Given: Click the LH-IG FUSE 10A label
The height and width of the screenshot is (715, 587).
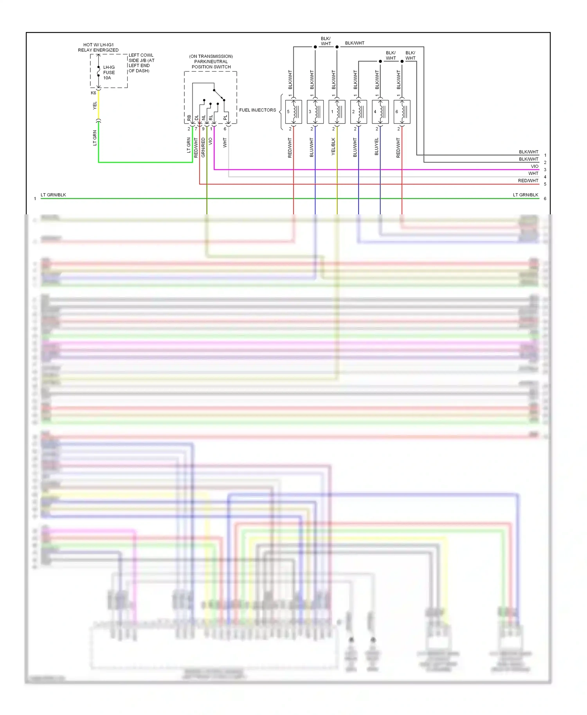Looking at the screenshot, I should pos(108,72).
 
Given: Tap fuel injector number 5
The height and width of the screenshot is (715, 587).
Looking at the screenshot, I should pos(293,112).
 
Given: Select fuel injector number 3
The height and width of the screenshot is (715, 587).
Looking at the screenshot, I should pos(315,112).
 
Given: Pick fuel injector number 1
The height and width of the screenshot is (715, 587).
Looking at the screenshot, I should pos(337,112).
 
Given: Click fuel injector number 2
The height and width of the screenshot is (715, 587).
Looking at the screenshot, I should pos(358,112).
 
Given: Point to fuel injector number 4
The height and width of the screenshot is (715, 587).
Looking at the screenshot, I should pos(380,112).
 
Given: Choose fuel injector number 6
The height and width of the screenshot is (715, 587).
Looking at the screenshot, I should pos(402,112).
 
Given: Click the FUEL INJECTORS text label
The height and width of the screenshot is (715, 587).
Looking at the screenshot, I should pos(257,110).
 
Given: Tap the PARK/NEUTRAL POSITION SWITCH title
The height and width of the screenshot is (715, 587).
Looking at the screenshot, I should pos(211,61).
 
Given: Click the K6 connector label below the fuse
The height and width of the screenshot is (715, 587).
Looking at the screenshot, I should pos(94,93).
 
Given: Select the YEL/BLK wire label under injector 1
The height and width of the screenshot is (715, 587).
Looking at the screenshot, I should pos(333,146).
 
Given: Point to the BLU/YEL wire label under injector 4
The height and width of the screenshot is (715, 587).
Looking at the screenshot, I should pos(377,146).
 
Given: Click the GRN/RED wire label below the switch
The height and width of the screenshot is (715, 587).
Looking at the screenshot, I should pos(203,147).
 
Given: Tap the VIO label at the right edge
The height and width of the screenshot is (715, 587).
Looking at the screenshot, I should pos(535,166).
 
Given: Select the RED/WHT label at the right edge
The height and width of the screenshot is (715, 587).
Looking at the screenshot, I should pos(528,181).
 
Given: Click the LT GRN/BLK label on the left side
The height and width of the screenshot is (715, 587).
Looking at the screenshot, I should pos(53,195).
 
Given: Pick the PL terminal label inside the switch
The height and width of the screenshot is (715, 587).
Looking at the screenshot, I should pos(225,117).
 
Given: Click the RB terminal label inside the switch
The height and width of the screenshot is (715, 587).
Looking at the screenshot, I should pos(189,117).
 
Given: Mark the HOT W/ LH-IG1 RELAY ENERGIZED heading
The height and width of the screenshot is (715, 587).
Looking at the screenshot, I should pos(98,47).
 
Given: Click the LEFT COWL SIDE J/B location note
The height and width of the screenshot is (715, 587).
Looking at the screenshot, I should pos(141,63).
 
